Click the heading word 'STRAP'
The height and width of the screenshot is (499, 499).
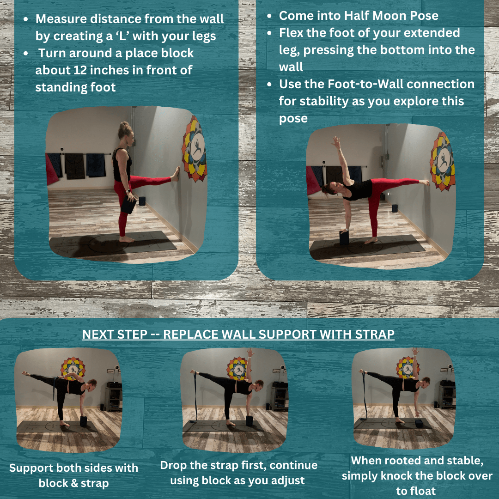coord(375,335)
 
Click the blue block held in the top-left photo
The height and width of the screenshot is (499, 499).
coord(128,204)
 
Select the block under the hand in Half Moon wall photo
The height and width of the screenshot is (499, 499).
coord(344,237)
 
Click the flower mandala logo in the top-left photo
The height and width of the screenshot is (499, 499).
coord(195,149)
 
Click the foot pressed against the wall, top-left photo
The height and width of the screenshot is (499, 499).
coord(176,174)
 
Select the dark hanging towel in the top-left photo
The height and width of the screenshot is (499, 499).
coord(75,166)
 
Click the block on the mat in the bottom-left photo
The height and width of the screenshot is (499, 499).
coord(83,421)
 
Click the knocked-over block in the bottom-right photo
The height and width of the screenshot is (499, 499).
coord(419,423)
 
